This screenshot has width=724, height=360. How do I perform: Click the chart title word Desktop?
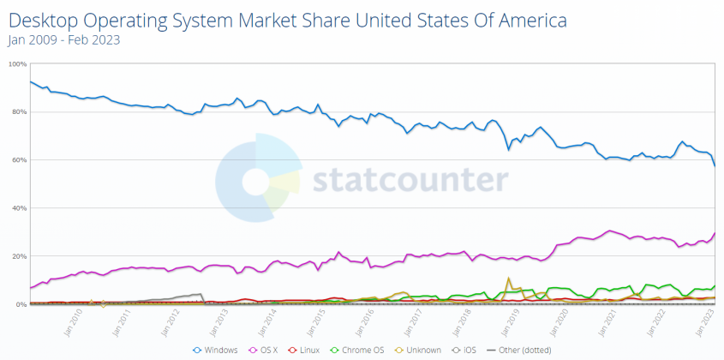tap(42, 20)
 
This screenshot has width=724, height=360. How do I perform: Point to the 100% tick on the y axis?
tap(16, 63)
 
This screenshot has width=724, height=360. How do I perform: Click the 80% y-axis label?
tap(18, 111)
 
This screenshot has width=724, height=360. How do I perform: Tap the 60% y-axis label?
tap(18, 160)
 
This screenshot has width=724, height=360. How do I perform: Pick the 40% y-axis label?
tap(18, 208)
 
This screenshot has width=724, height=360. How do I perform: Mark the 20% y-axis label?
tap(18, 256)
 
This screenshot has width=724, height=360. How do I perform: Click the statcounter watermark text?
tap(409, 180)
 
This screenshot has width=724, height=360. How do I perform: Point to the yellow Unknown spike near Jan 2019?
tap(509, 279)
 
